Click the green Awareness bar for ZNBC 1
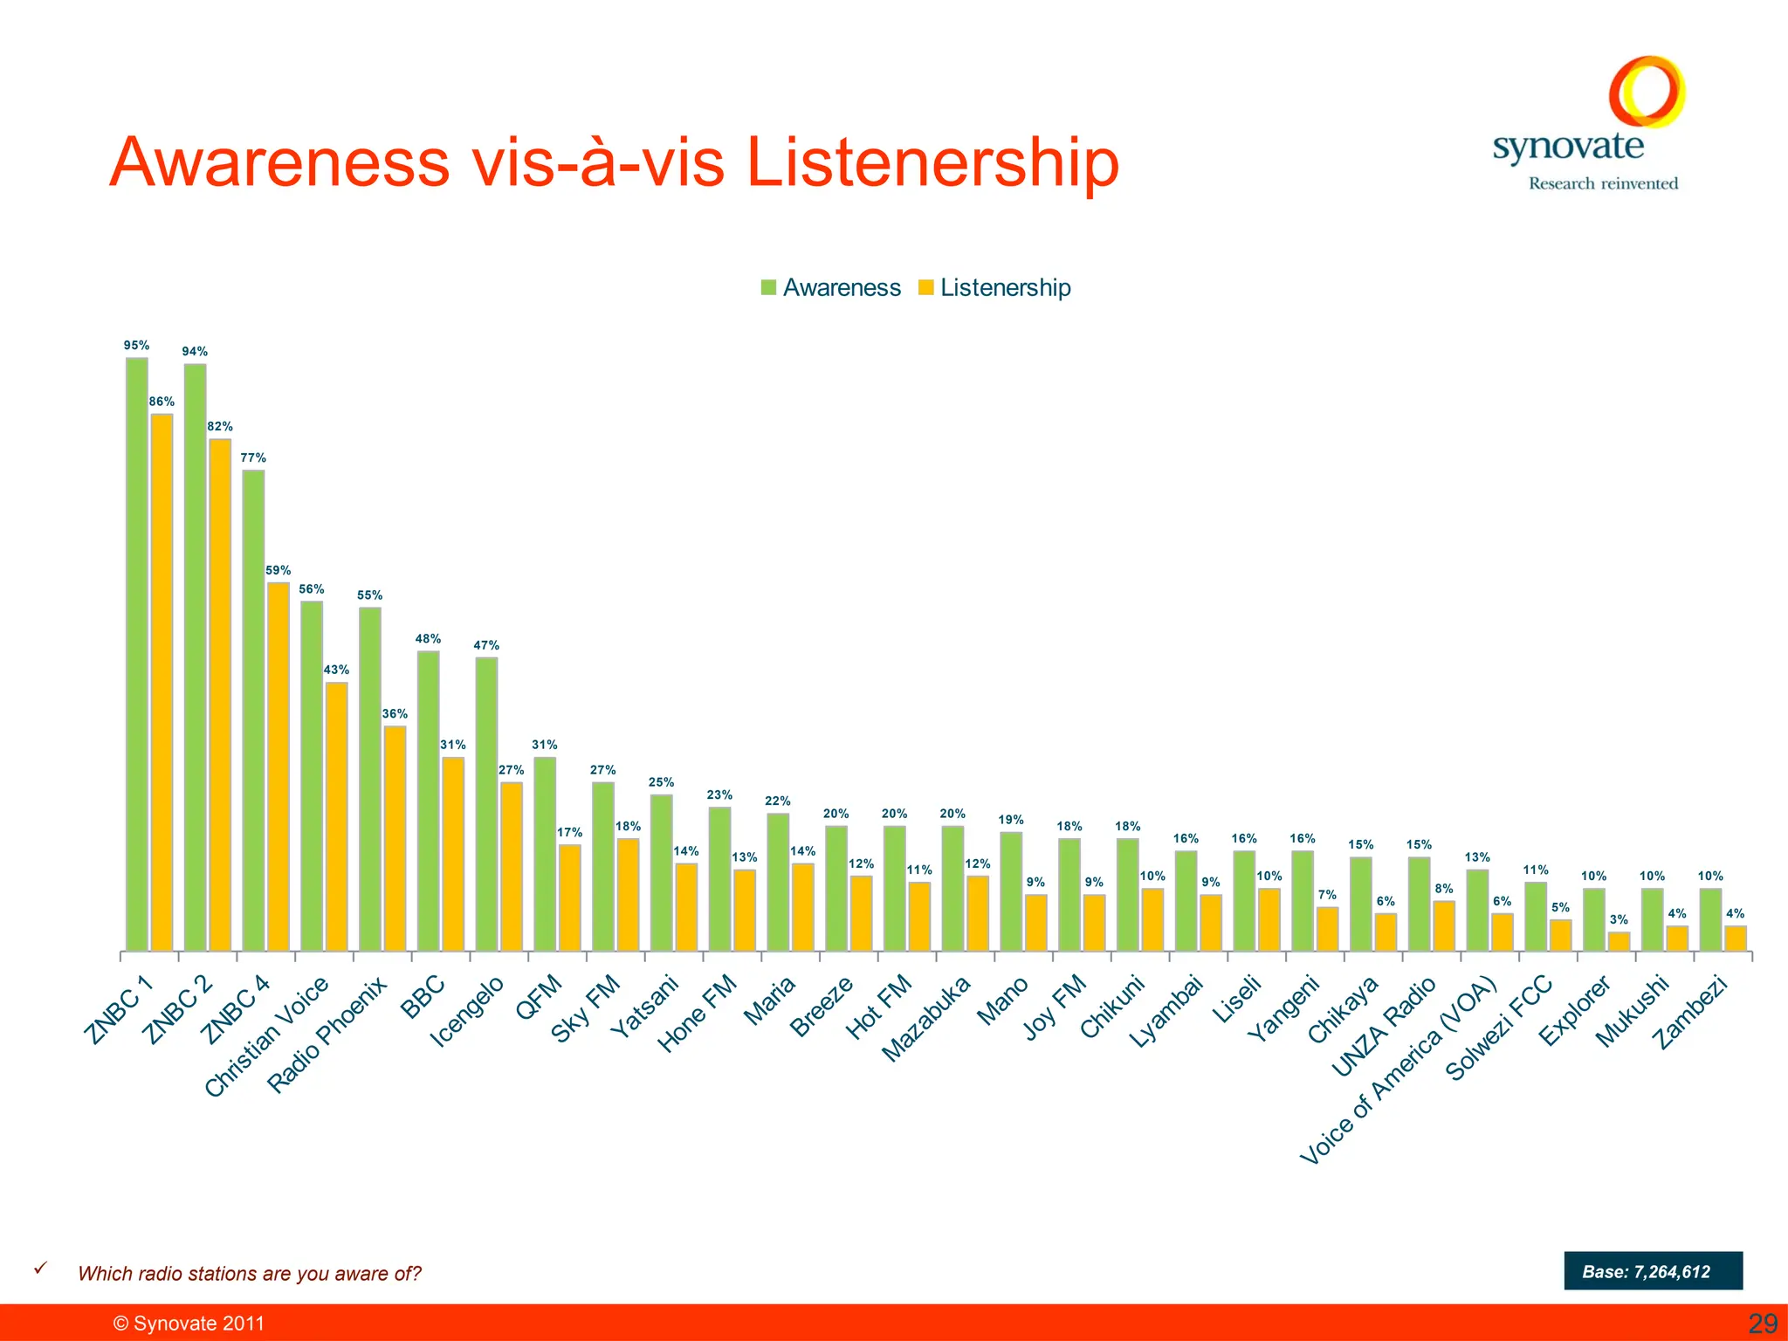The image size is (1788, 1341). click(137, 654)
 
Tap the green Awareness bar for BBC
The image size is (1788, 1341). click(428, 801)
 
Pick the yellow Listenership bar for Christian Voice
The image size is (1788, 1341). click(336, 816)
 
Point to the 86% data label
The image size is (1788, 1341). click(162, 402)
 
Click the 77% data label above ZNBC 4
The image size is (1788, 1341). click(253, 457)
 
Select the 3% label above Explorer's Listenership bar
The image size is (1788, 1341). click(1619, 919)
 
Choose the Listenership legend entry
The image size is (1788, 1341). click(994, 287)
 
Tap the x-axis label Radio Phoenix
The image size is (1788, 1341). click(327, 1035)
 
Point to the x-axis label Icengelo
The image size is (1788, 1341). click(467, 1012)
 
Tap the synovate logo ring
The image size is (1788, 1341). click(1647, 91)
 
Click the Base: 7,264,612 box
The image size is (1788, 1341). click(1653, 1271)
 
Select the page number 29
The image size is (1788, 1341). click(1763, 1324)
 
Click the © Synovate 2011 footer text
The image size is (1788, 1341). click(189, 1324)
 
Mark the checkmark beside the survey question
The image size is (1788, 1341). click(39, 1269)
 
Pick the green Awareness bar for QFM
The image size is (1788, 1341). click(545, 854)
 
